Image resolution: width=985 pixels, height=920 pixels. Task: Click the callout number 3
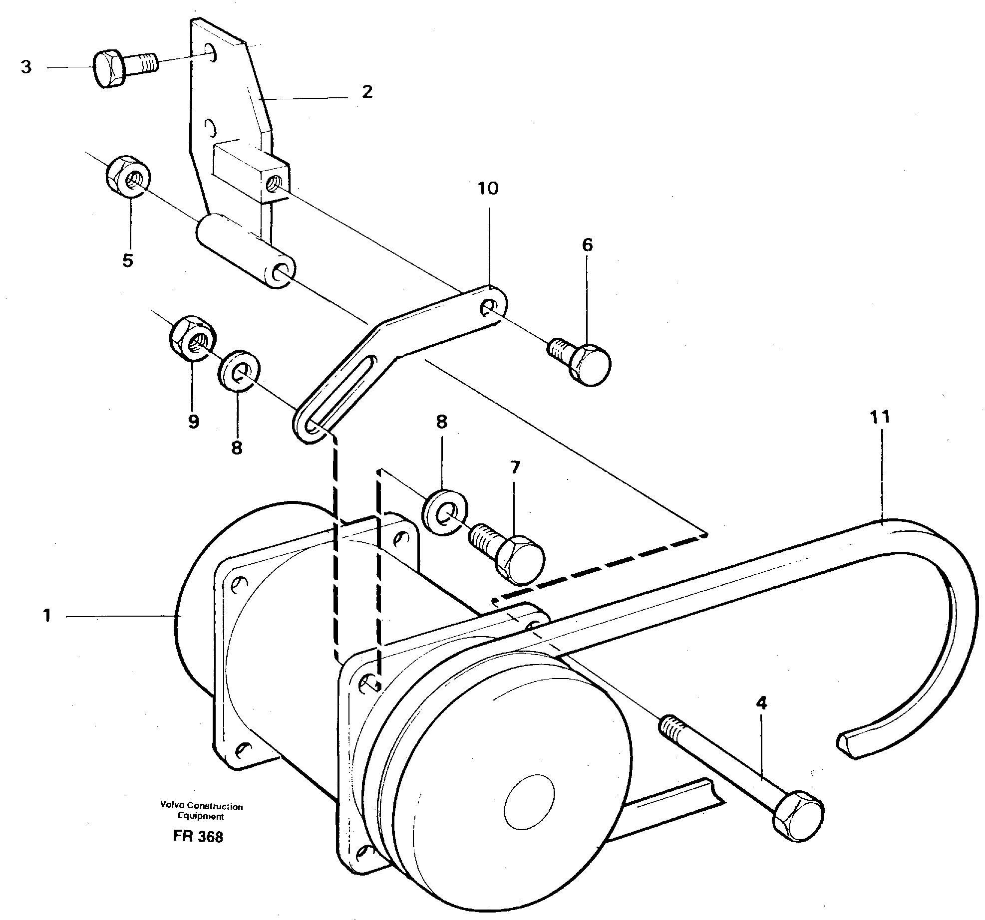pyautogui.click(x=26, y=67)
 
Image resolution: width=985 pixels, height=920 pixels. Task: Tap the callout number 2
pyautogui.click(x=367, y=92)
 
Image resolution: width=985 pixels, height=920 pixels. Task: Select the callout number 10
pyautogui.click(x=488, y=189)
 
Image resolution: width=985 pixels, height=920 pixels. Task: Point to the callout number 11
pyautogui.click(x=880, y=417)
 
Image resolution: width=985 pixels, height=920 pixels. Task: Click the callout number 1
pyautogui.click(x=47, y=616)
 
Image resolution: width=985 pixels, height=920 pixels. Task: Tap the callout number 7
pyautogui.click(x=515, y=467)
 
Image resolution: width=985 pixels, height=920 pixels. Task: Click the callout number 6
pyautogui.click(x=587, y=245)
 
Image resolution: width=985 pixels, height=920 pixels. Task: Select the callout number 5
pyautogui.click(x=128, y=260)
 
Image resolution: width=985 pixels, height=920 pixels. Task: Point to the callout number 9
pyautogui.click(x=193, y=422)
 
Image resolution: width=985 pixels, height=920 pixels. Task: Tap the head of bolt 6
pyautogui.click(x=591, y=365)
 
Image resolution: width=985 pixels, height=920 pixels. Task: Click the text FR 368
pyautogui.click(x=198, y=837)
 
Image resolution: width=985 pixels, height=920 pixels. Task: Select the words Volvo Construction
pyautogui.click(x=201, y=806)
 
